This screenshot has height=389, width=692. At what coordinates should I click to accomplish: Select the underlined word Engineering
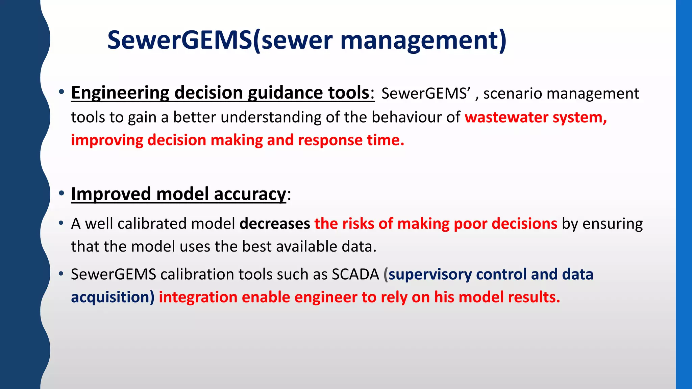point(120,93)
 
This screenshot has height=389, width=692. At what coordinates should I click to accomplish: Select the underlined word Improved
point(111,194)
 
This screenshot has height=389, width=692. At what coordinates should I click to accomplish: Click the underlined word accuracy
point(250,194)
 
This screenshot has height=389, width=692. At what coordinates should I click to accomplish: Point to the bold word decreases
point(275,224)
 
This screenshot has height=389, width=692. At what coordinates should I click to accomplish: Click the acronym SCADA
point(355,274)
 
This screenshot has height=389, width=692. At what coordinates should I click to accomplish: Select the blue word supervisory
point(430,274)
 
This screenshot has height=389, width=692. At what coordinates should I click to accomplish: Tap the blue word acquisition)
point(113,297)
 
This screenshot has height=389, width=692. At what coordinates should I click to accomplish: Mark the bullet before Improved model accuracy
point(61,193)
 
